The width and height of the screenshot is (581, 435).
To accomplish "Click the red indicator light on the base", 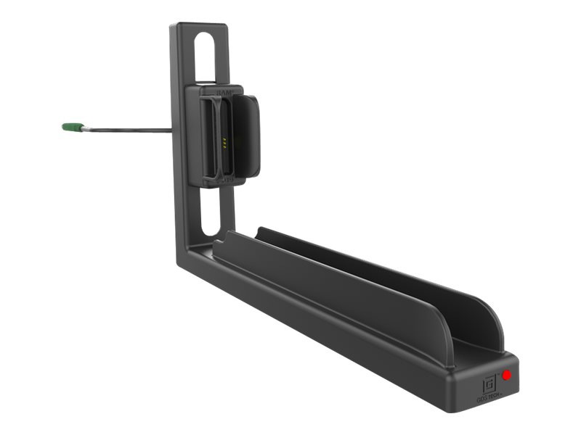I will pos(506,376).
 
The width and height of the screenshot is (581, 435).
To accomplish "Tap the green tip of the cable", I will pos(70,127).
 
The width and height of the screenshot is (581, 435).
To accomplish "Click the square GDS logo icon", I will pos(489,379).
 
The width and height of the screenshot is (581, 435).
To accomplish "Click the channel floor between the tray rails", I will pos(363,283).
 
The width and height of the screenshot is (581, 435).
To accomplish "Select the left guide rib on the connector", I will pos(206,138).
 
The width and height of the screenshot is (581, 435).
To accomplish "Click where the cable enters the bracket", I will pos(171,130).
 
